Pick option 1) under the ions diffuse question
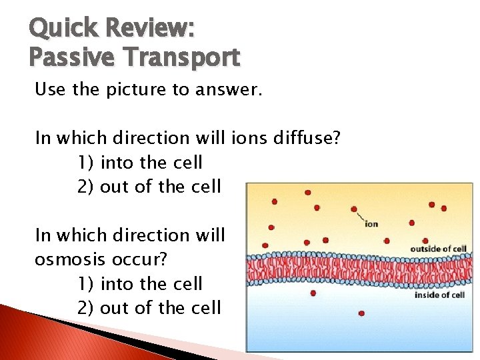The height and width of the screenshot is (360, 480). (x=86, y=162)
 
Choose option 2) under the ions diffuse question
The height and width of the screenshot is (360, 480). (x=86, y=186)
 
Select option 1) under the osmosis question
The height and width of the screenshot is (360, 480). (x=86, y=284)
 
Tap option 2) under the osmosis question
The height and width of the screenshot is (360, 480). (x=86, y=308)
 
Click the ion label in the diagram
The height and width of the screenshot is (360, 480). (x=371, y=223)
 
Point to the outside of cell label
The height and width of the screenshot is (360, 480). (x=438, y=249)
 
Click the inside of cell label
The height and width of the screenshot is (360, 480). (x=439, y=295)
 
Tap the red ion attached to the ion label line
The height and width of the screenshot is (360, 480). (x=354, y=209)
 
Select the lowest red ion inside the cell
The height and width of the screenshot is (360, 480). (x=361, y=313)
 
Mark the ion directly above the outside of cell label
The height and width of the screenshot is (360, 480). (x=425, y=240)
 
